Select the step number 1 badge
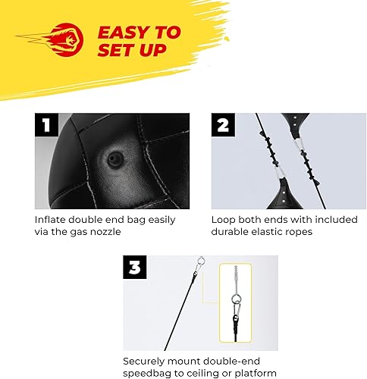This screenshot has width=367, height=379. point(46,124)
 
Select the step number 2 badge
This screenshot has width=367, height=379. point(223,124)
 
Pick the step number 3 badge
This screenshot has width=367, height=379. point(135,267)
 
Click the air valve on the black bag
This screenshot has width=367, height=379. point(114,159)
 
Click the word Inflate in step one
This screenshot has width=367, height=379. point(51,220)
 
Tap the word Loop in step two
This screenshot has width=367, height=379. point(224,220)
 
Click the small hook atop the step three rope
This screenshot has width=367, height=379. point(199,263)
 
